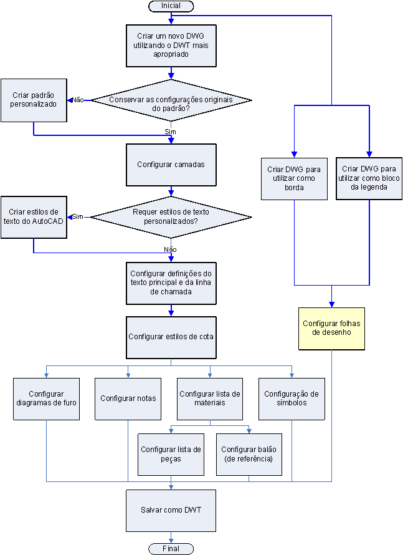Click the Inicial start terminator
pyautogui.click(x=171, y=6)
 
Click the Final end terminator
pyautogui.click(x=171, y=549)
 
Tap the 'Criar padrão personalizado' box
pyautogui.click(x=34, y=100)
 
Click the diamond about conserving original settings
pyautogui.click(x=171, y=100)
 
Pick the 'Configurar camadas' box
pyautogui.click(x=171, y=165)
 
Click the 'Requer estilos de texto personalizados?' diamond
pyautogui.click(x=171, y=216)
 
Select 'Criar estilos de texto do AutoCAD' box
pyautogui.click(x=34, y=216)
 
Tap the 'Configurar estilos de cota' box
pyautogui.click(x=171, y=337)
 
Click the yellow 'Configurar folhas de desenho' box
pyautogui.click(x=331, y=328)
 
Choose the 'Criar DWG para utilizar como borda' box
pyautogui.click(x=294, y=178)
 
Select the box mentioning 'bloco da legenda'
pyautogui.click(x=369, y=178)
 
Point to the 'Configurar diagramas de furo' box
pyautogui.click(x=46, y=398)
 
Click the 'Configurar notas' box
pyautogui.click(x=128, y=398)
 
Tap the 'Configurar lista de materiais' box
pyautogui.click(x=210, y=398)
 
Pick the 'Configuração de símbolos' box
pyautogui.click(x=292, y=398)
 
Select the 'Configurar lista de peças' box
pyautogui.click(x=171, y=455)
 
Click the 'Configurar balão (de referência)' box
pyautogui.click(x=249, y=455)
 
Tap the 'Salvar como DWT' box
pyautogui.click(x=171, y=509)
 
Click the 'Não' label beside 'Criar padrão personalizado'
pyautogui.click(x=78, y=100)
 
